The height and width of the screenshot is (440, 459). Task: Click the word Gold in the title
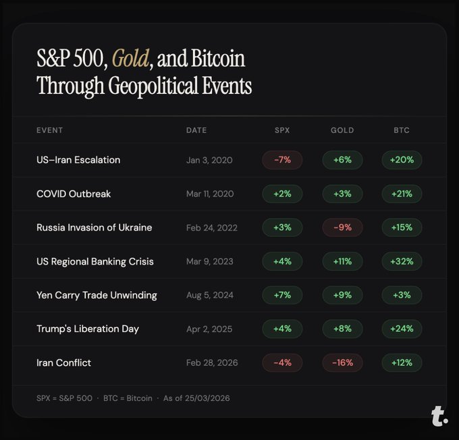[130, 59]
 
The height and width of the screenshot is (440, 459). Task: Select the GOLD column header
[342, 130]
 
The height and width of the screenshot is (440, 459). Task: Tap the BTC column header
[402, 130]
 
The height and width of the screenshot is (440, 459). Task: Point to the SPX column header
[282, 130]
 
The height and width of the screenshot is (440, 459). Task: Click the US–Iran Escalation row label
[78, 160]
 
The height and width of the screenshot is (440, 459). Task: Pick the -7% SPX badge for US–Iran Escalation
[282, 160]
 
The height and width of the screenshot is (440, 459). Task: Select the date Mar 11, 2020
[210, 194]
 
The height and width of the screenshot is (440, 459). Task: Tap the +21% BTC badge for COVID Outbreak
[402, 194]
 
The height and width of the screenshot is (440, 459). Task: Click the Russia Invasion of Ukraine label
[94, 227]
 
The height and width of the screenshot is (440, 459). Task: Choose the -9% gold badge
[342, 227]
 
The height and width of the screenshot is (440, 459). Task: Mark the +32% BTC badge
[402, 261]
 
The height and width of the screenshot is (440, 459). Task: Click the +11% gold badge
[342, 261]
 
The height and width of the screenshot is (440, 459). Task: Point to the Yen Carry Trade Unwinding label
[97, 295]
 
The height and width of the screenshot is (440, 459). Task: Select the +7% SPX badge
[282, 295]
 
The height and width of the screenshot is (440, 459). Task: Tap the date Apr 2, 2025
[209, 329]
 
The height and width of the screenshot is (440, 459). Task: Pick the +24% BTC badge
[402, 329]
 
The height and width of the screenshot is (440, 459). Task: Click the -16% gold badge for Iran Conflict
[342, 362]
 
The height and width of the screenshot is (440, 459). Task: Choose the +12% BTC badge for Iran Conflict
[402, 362]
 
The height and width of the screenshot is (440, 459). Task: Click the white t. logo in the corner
[439, 416]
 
